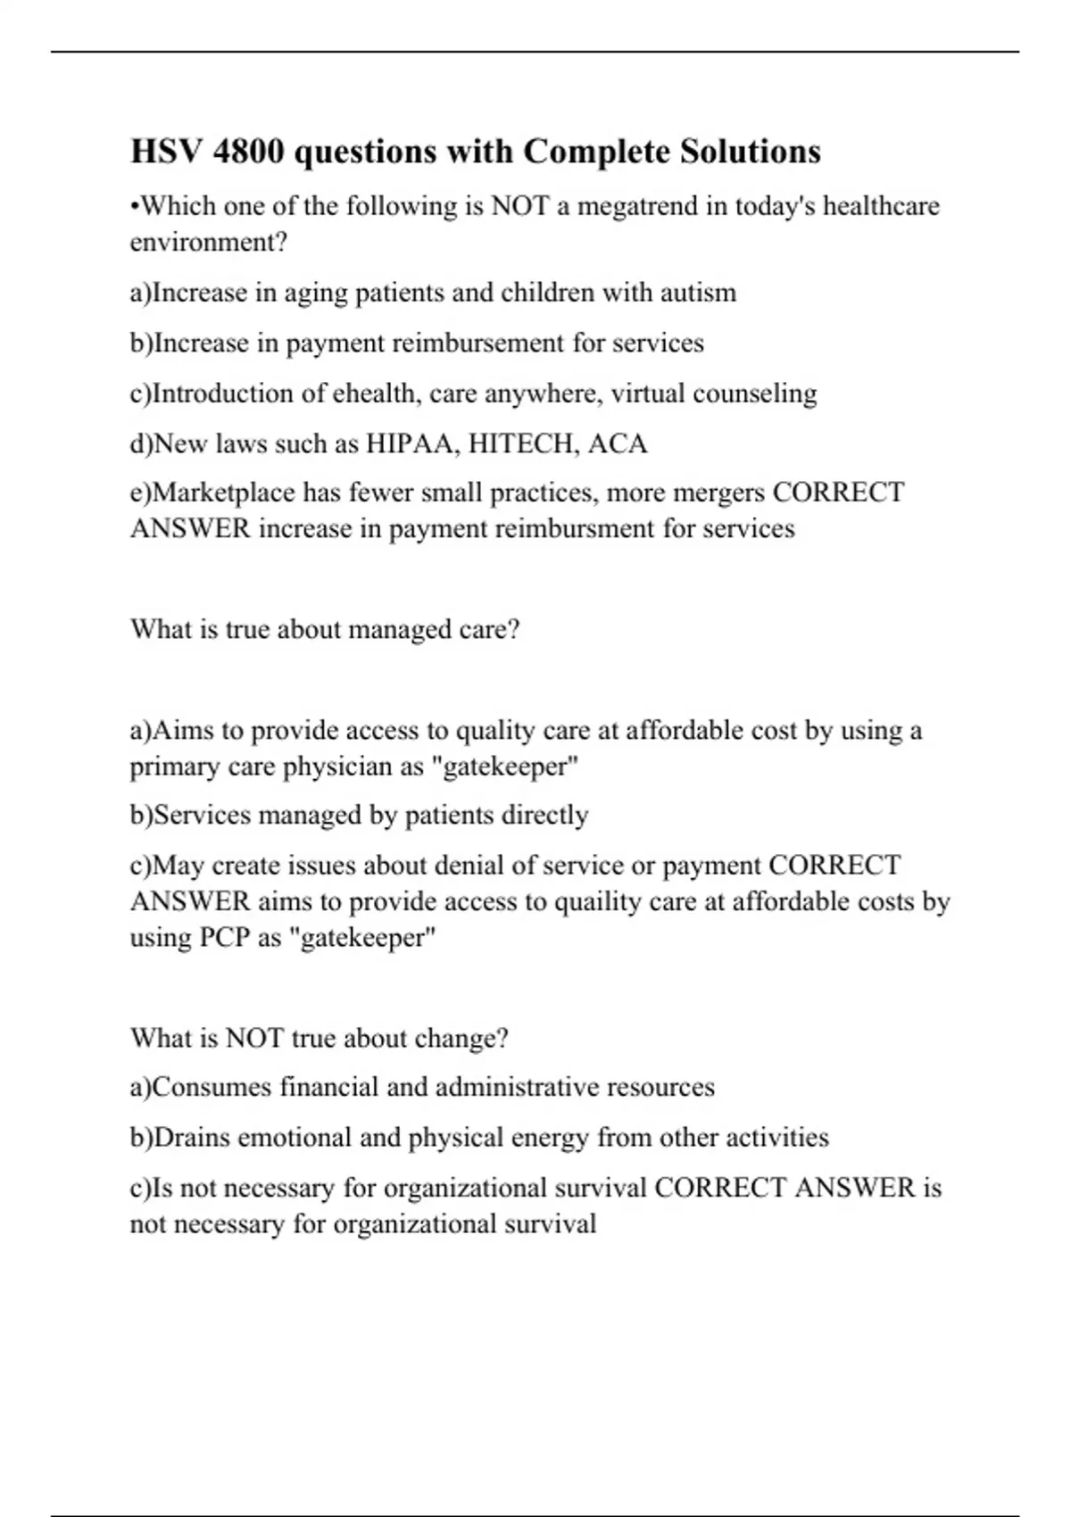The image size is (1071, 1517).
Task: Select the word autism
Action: coord(698,294)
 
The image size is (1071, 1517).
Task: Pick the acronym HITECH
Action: coord(522,444)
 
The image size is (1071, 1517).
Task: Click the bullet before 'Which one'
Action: coord(135,208)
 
